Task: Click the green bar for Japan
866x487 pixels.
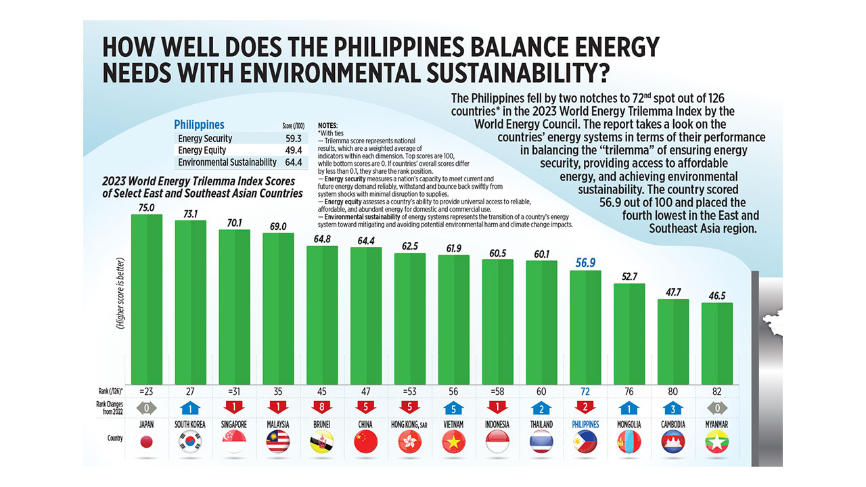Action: pyautogui.click(x=146, y=298)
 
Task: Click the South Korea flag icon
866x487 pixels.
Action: pyautogui.click(x=190, y=442)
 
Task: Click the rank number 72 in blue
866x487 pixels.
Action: pyautogui.click(x=585, y=391)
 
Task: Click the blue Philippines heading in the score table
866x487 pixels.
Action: pyautogui.click(x=199, y=124)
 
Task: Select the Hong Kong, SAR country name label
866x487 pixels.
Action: pyautogui.click(x=410, y=425)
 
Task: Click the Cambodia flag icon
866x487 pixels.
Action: pyautogui.click(x=673, y=442)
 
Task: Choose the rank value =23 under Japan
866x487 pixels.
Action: pyautogui.click(x=147, y=391)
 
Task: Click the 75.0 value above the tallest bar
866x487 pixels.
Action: pyautogui.click(x=147, y=208)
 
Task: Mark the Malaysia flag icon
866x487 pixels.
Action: pyautogui.click(x=278, y=442)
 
